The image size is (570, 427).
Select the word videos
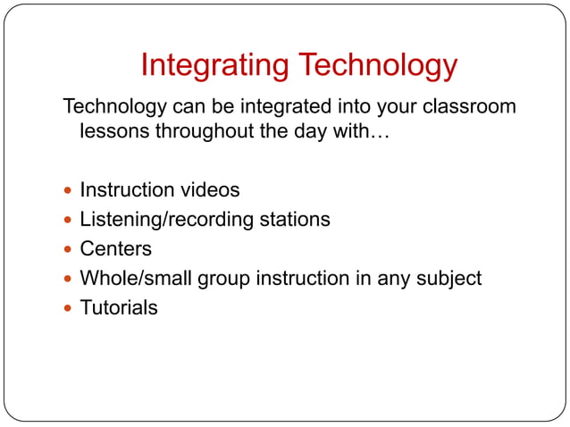coord(210,190)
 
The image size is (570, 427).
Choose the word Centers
coord(116,249)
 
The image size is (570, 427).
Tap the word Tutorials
coord(119,308)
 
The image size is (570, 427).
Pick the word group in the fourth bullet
coord(224,279)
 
